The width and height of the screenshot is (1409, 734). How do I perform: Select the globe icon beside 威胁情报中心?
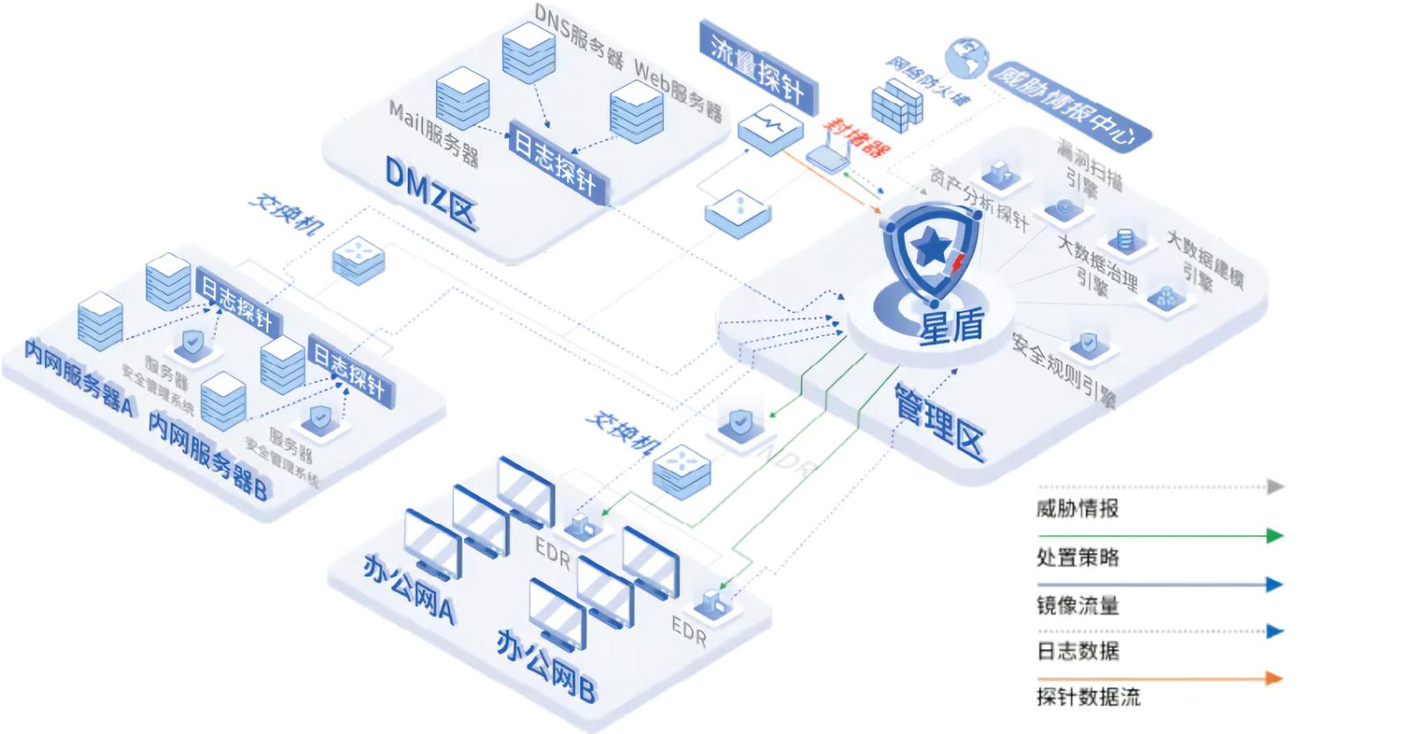coord(966,59)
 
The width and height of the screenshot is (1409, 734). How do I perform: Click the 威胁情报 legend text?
coord(1077,508)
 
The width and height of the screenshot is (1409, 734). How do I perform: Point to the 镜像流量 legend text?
coord(1077,606)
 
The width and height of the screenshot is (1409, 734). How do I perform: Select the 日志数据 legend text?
coord(1077,651)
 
